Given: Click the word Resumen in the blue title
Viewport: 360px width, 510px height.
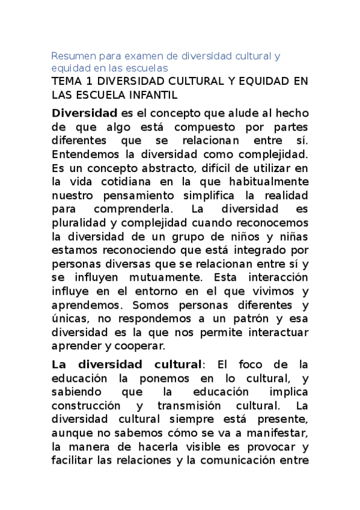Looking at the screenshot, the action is (x=70, y=56).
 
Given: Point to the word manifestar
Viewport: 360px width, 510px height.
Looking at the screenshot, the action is (x=279, y=434).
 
